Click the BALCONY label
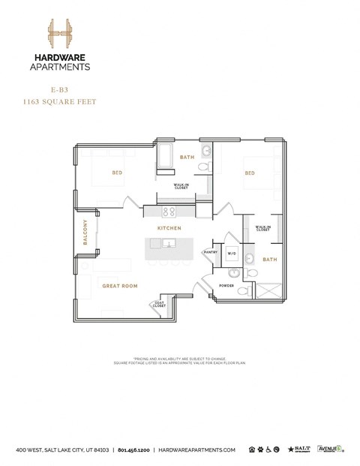coord(85,232)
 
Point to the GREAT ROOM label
coord(120,286)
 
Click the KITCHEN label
coord(169,227)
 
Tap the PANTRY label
coord(211,252)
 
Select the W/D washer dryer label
coord(231,253)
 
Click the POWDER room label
coord(226,286)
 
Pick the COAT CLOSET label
coord(159,305)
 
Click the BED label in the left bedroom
coord(117,173)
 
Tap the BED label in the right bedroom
coord(249,173)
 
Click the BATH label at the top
coord(187,158)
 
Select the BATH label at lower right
coord(269,260)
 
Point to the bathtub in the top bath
coord(165,157)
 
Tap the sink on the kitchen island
coord(169,243)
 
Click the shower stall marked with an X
coord(271,288)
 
